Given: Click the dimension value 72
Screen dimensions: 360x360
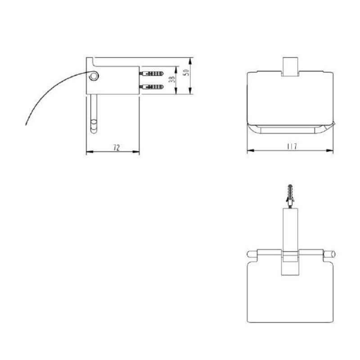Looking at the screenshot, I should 116,148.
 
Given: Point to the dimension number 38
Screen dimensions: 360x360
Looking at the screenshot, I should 171,81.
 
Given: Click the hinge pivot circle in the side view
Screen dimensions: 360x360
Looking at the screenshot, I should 93,76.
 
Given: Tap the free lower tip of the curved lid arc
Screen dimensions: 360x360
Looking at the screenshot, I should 26,124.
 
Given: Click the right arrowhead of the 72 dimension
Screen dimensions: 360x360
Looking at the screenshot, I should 137,152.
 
